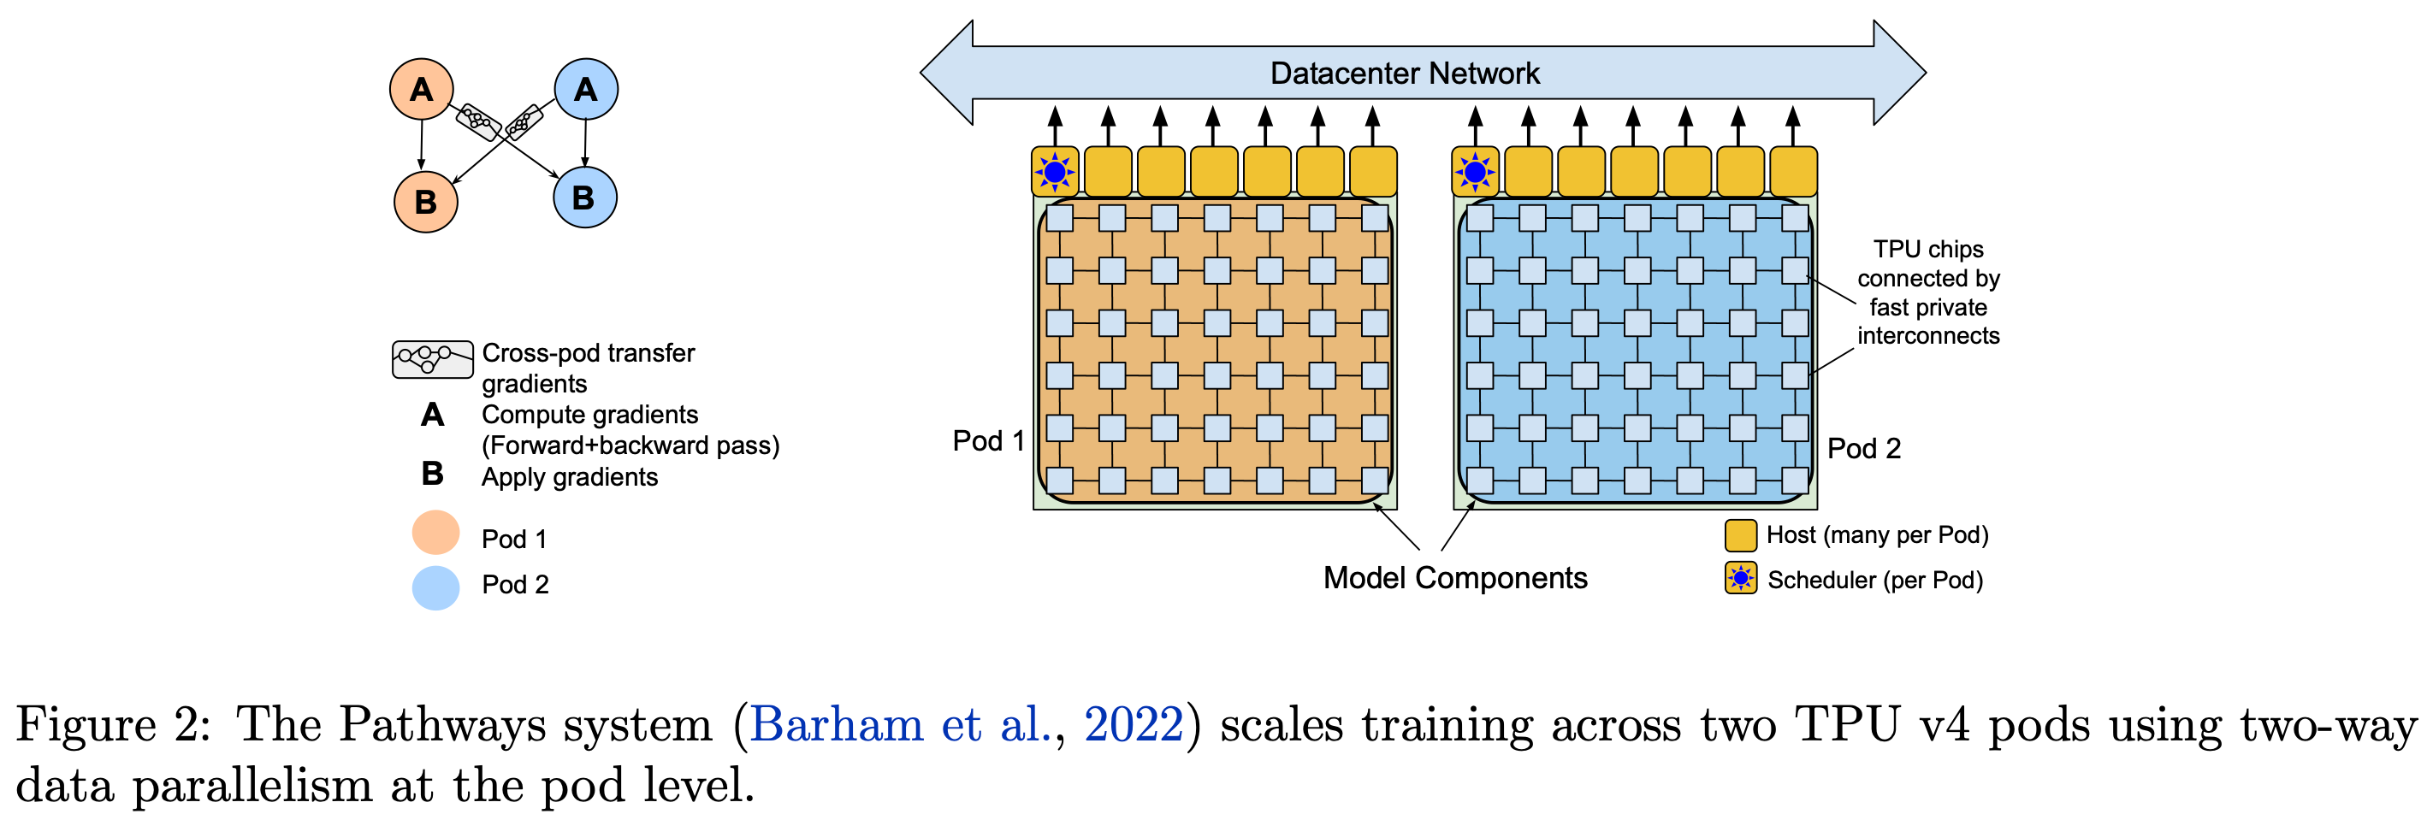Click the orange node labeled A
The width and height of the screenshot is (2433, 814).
tap(421, 90)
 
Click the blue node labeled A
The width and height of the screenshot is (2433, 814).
tap(586, 90)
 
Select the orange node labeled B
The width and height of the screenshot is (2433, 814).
tap(425, 201)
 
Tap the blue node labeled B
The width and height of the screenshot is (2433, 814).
tap(583, 198)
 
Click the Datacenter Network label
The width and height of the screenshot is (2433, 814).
tap(1404, 73)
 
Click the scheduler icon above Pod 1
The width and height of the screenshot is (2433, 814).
tap(1054, 172)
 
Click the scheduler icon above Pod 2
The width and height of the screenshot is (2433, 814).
tap(1474, 172)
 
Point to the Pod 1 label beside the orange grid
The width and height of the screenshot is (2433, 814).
tap(988, 441)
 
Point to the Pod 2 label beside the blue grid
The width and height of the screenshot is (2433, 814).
tap(1863, 449)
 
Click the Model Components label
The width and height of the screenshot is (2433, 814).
tap(1454, 578)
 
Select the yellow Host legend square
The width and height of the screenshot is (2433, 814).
tap(1740, 535)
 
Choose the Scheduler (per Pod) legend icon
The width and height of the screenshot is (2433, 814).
tap(1740, 578)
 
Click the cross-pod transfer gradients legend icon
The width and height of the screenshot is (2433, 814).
tap(433, 359)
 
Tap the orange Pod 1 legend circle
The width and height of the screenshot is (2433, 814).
tap(435, 534)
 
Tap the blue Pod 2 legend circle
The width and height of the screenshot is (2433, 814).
tap(435, 587)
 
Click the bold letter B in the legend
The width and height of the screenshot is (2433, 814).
tap(433, 473)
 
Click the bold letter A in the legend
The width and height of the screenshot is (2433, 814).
tap(433, 415)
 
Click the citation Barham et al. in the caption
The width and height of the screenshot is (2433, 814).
tap(901, 725)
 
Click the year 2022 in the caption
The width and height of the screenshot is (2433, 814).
tap(1133, 725)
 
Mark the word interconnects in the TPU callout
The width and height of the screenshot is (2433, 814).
tap(1927, 336)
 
